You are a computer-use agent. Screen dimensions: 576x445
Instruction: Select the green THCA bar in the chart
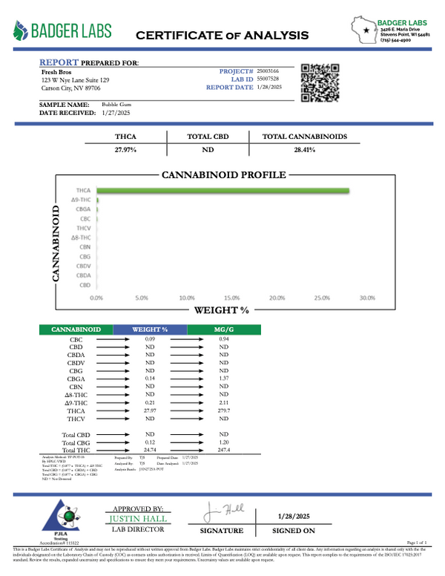click(222, 192)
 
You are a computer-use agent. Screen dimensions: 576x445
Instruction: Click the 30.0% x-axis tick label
click(367, 298)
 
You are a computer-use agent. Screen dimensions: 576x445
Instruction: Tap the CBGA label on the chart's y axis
click(83, 210)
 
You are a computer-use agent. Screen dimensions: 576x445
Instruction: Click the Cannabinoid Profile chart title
click(223, 175)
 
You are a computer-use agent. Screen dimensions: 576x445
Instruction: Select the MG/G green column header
click(224, 329)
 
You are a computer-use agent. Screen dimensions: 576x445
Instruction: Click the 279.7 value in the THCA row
click(224, 410)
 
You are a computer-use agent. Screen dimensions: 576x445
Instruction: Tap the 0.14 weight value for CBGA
click(149, 379)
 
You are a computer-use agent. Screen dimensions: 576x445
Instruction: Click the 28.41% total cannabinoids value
click(305, 150)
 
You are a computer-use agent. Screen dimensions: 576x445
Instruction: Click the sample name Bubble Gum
click(117, 105)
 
